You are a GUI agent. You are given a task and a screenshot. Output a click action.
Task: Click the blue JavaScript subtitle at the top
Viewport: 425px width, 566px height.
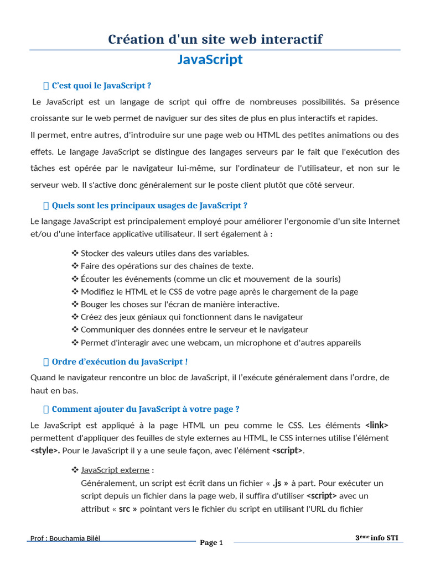pos(210,60)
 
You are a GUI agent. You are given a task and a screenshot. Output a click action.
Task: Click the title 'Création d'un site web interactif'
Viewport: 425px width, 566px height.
pos(215,39)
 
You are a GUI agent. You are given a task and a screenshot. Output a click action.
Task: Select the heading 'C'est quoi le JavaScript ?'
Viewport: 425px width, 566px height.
pos(101,86)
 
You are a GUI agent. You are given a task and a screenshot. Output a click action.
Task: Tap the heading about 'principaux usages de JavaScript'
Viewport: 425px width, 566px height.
pos(149,206)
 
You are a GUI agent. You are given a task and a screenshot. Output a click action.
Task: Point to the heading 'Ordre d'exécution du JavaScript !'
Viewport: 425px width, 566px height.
pos(120,362)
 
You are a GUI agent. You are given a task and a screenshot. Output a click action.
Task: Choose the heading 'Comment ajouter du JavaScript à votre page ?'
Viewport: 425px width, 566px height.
pos(146,410)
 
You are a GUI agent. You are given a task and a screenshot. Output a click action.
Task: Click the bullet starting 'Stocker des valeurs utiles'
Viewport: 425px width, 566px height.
pos(165,253)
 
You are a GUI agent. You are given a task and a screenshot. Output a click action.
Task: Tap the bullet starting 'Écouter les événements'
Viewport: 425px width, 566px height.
pos(210,279)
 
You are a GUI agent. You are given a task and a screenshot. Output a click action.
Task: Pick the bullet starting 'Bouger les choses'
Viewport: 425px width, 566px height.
pos(180,304)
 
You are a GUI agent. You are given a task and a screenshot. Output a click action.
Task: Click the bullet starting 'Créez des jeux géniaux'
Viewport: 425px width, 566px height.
pos(191,317)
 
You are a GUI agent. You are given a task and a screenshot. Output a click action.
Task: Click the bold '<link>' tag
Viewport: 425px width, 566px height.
pos(377,425)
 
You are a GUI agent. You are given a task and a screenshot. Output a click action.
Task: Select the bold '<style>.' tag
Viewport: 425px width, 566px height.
pos(45,450)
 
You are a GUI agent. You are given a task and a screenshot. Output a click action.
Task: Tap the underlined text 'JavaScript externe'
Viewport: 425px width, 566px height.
pos(115,470)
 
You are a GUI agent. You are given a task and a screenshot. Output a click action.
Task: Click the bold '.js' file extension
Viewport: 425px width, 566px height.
pos(281,483)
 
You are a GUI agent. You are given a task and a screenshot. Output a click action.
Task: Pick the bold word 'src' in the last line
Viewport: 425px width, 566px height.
pos(125,509)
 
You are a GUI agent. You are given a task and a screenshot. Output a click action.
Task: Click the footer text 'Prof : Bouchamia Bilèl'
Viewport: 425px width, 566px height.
pos(65,538)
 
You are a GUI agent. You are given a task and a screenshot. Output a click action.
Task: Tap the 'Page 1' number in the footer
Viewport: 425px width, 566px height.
pos(211,543)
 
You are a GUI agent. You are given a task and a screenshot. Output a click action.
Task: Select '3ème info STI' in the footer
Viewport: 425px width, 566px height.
pos(376,538)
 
